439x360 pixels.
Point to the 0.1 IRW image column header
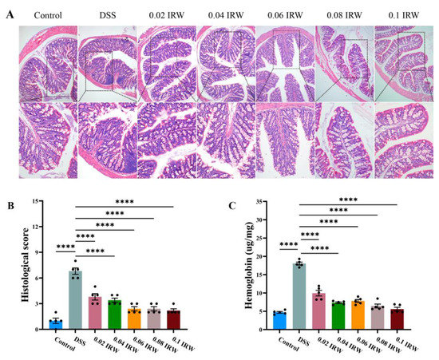point(405,15)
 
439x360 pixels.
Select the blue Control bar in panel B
point(56,324)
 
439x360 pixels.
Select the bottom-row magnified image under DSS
point(107,141)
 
